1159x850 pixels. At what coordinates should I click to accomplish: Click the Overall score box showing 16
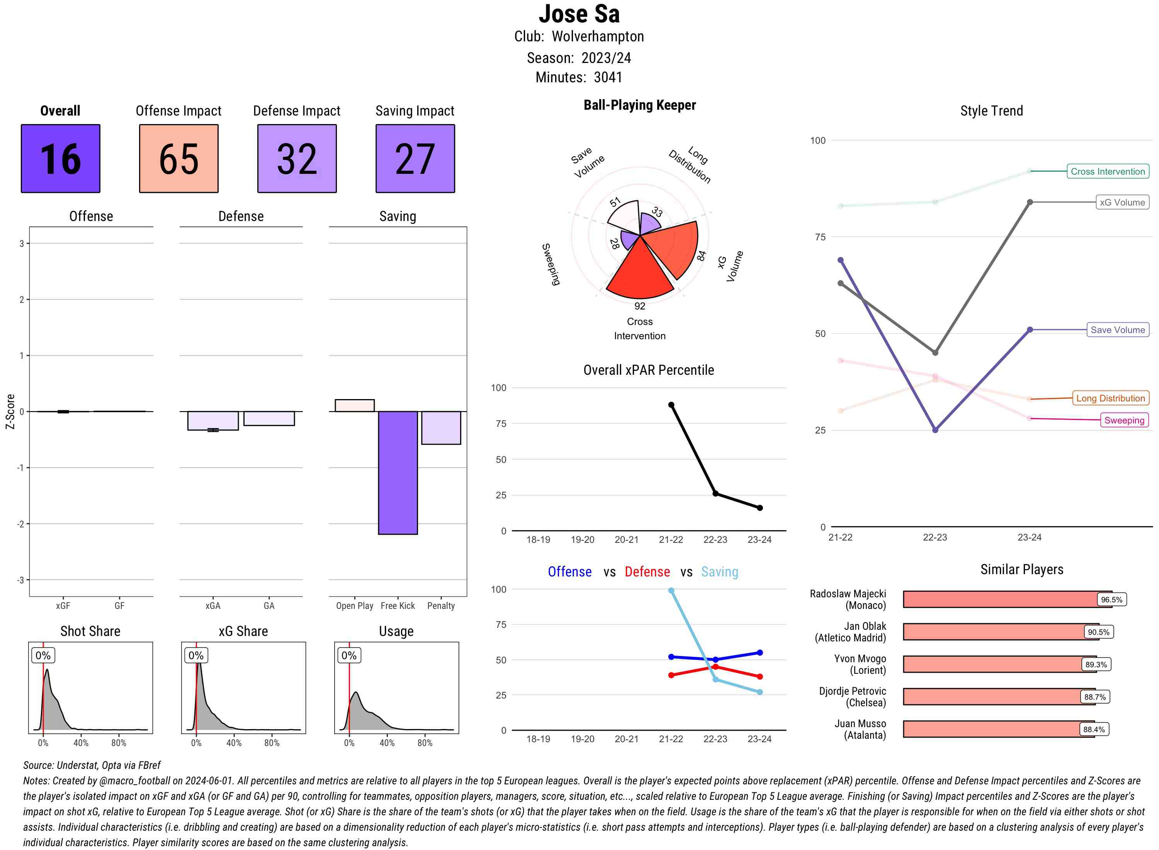pyautogui.click(x=60, y=158)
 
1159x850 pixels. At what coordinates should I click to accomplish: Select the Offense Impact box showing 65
pyautogui.click(x=178, y=158)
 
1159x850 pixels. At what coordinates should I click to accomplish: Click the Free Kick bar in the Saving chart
pyautogui.click(x=398, y=473)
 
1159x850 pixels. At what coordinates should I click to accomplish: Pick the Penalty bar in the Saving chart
pyautogui.click(x=441, y=428)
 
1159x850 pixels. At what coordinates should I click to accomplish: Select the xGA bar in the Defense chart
pyautogui.click(x=213, y=420)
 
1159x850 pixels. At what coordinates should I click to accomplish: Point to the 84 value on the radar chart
pyautogui.click(x=701, y=256)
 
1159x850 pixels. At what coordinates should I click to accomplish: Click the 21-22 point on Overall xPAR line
pyautogui.click(x=671, y=405)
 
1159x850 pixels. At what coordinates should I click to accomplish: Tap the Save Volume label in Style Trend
pyautogui.click(x=1117, y=330)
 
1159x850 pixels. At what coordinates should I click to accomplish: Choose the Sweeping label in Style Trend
pyautogui.click(x=1124, y=420)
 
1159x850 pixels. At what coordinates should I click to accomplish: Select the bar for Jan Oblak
pyautogui.click(x=1000, y=632)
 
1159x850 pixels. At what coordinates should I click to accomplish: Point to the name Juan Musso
pyautogui.click(x=860, y=723)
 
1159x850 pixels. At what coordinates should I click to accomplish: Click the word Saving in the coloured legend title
pyautogui.click(x=719, y=572)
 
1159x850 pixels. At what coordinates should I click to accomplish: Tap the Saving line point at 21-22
pyautogui.click(x=671, y=591)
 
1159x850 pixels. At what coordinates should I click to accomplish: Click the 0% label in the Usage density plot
pyautogui.click(x=349, y=656)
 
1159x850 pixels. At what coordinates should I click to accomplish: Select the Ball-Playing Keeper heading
pyautogui.click(x=639, y=105)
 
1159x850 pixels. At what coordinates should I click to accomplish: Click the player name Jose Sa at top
pyautogui.click(x=579, y=14)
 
